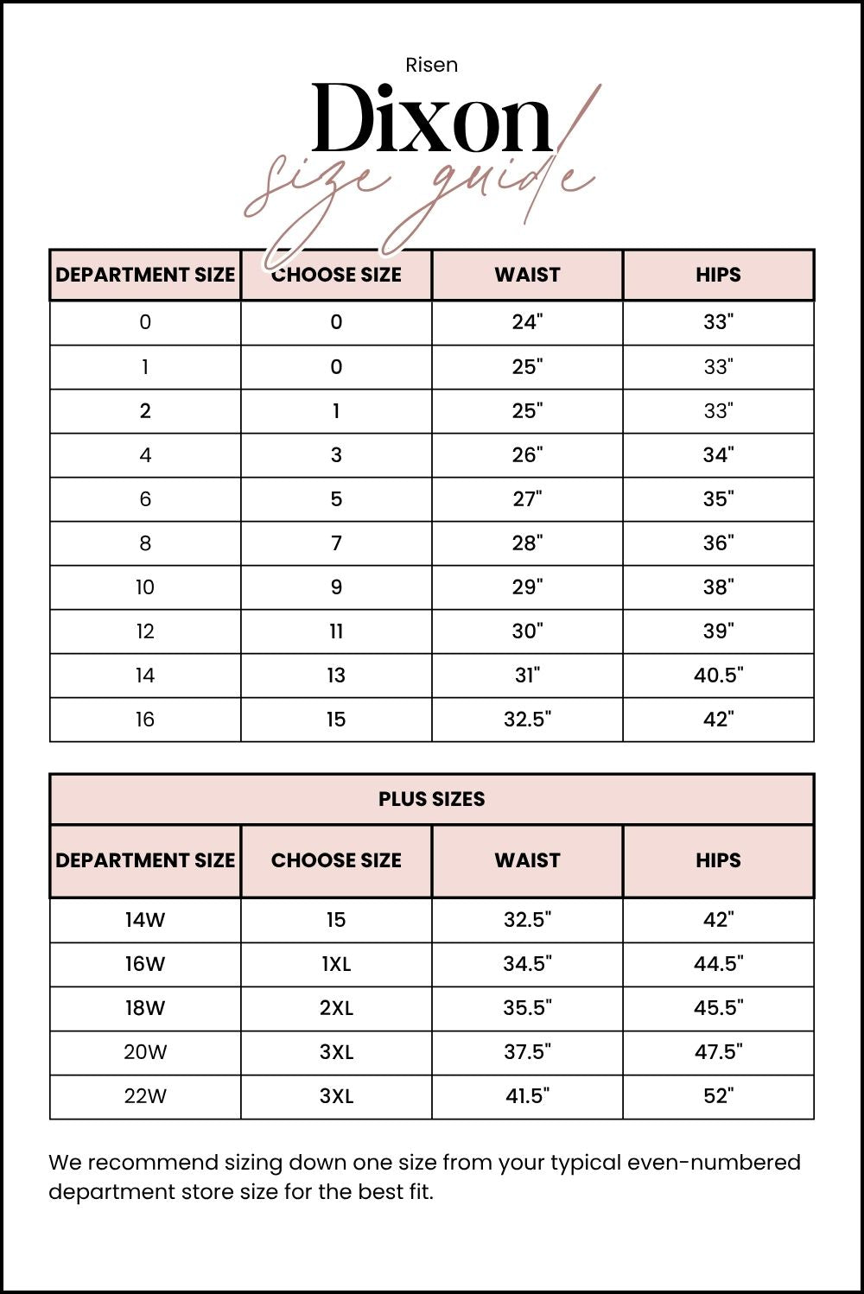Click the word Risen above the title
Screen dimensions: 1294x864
431,65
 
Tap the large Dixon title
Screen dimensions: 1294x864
431,119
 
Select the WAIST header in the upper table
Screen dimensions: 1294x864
527,275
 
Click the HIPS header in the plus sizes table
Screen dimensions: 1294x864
718,860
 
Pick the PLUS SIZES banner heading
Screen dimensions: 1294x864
431,799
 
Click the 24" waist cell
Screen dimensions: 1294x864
527,322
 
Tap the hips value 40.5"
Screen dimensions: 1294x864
718,676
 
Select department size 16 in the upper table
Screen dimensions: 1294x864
145,720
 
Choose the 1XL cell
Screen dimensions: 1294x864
336,964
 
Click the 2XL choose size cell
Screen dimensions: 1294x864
336,1008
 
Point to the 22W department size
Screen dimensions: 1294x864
145,1096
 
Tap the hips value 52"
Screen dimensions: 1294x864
718,1096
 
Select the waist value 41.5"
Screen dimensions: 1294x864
527,1096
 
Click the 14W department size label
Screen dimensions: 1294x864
145,920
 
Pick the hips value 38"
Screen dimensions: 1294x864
718,587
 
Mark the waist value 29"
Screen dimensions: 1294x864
527,587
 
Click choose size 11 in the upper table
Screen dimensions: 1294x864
336,631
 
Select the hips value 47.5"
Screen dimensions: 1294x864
718,1052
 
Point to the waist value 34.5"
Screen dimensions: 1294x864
527,964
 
